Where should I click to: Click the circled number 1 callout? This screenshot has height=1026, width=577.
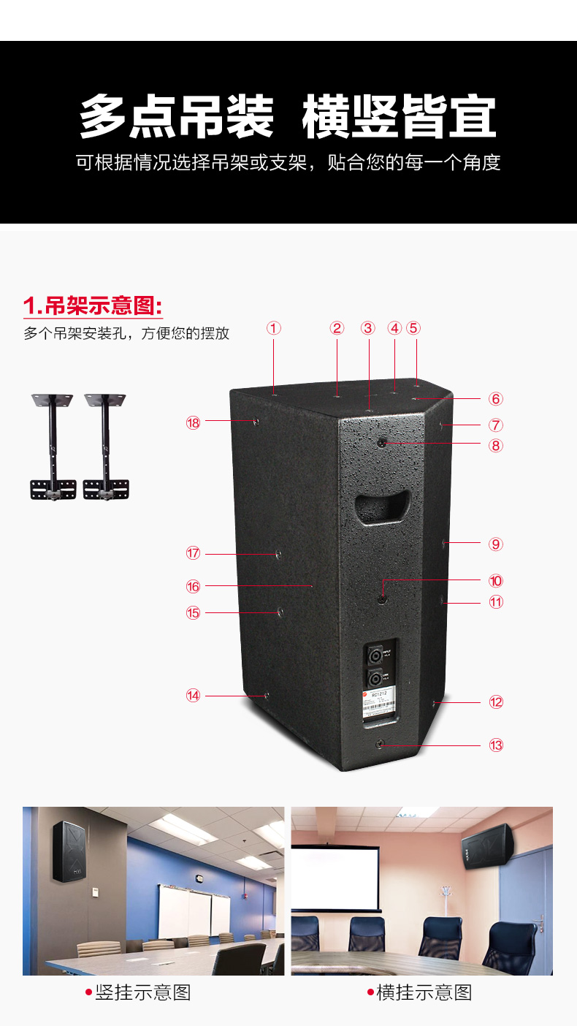tap(274, 328)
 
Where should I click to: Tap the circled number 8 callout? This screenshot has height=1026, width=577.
tap(496, 445)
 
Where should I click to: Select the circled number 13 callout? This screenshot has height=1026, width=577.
tap(496, 745)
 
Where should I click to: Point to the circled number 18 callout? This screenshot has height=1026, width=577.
tap(193, 422)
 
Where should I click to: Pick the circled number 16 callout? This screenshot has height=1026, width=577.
tap(193, 586)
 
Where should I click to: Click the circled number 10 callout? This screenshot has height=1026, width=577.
tap(496, 581)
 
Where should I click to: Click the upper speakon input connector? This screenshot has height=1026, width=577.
tap(375, 653)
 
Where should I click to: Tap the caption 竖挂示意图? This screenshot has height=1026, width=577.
tap(142, 992)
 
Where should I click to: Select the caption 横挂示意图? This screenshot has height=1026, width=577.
tap(424, 992)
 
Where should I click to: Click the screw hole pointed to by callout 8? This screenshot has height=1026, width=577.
tap(383, 442)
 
